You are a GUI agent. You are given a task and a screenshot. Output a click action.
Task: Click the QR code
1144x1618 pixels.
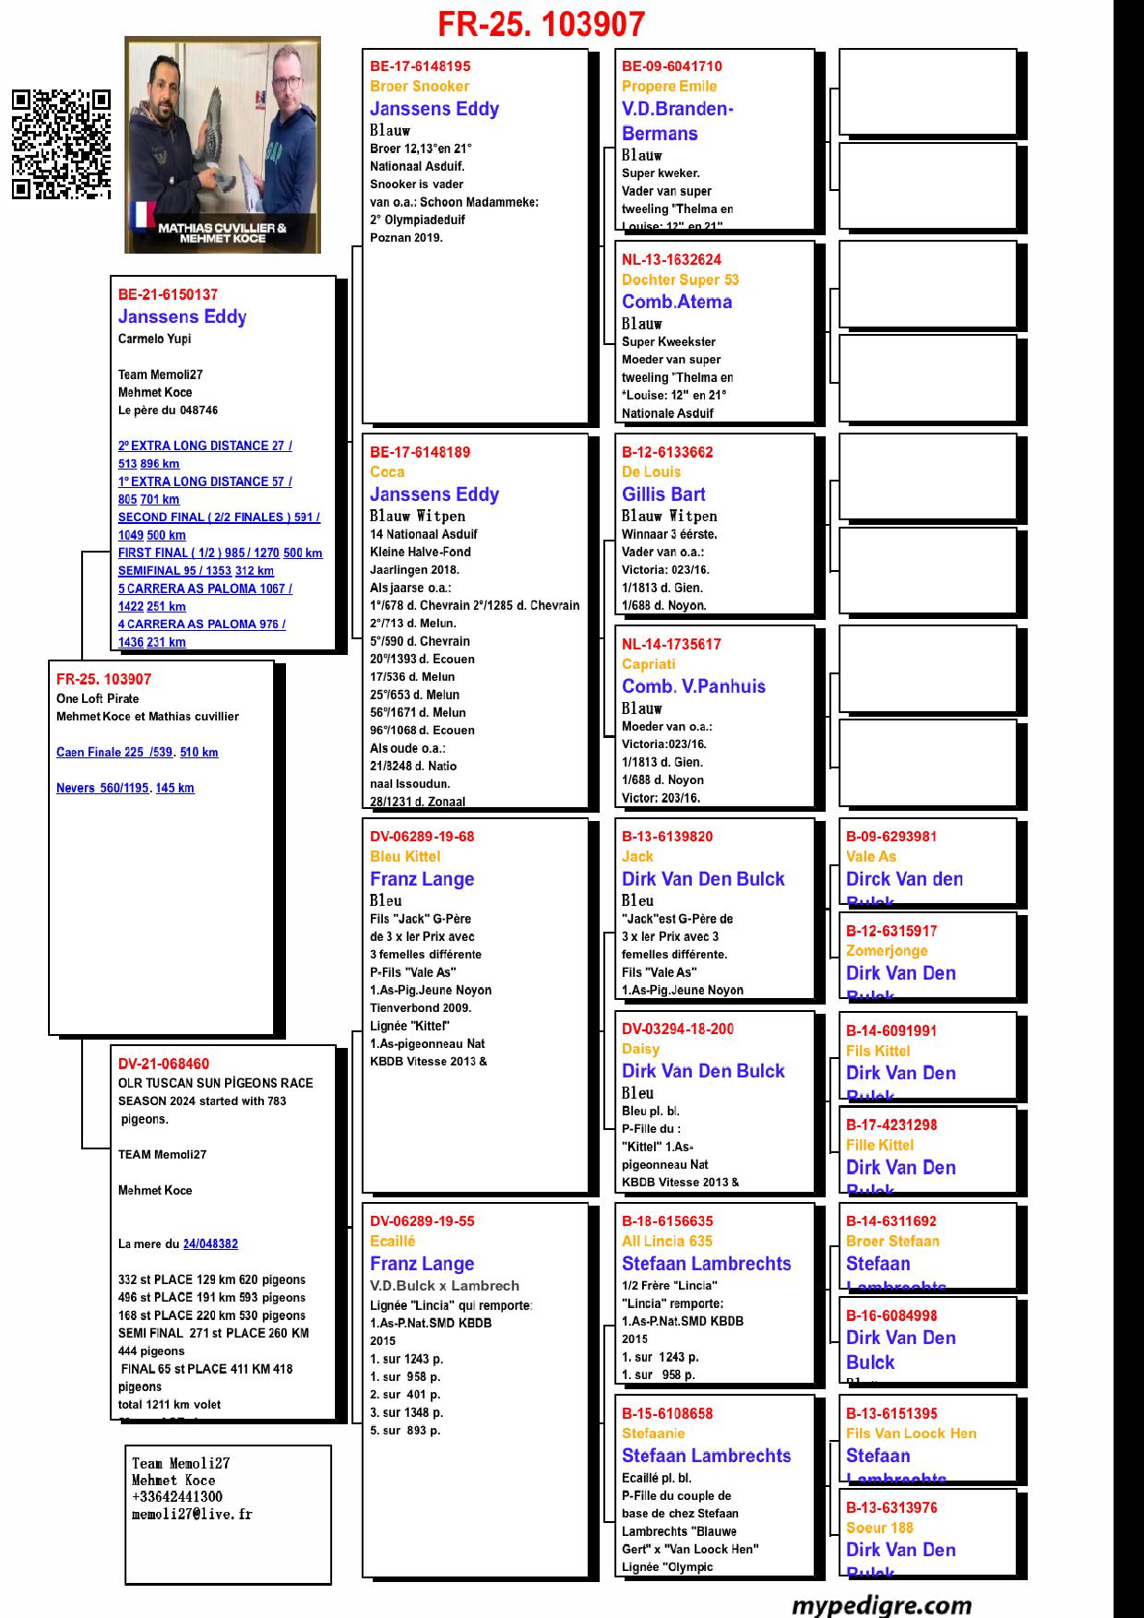[x=61, y=144]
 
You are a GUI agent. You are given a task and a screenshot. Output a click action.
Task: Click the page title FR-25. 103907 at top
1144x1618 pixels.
[x=541, y=24]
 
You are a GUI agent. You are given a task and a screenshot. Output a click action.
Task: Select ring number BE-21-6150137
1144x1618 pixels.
[x=168, y=295]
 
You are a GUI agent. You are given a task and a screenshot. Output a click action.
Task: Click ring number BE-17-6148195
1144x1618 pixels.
[x=420, y=66]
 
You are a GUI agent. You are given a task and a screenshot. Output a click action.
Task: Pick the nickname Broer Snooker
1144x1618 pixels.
[x=420, y=87]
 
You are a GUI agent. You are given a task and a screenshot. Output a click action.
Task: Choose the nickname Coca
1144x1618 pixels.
[x=387, y=472]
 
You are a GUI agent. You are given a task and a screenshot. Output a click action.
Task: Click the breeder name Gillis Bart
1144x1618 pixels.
[x=663, y=494]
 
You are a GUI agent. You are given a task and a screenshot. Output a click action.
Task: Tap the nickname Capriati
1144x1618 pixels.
[x=649, y=664]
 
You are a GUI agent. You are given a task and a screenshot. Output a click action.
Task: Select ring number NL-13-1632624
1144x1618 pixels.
[x=672, y=260]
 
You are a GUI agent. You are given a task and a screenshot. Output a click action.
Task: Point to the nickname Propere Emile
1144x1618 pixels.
[x=669, y=87]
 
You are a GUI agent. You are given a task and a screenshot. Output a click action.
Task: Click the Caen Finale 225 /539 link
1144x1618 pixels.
[x=114, y=753]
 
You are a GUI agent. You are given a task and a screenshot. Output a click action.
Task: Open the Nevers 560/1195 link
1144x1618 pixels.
[x=102, y=789]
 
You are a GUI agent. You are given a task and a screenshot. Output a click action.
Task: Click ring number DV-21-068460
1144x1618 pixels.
[x=163, y=1065]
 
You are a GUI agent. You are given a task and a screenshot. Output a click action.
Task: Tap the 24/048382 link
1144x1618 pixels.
[x=210, y=1244]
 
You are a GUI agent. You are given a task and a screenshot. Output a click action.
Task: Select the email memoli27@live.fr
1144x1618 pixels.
[x=192, y=1515]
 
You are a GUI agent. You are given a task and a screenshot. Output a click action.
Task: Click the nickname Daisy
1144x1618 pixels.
[x=640, y=1049]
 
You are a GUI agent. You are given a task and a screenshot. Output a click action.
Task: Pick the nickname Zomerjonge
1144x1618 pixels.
[x=887, y=951]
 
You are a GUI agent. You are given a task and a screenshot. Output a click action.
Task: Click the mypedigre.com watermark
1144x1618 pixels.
[x=881, y=1605]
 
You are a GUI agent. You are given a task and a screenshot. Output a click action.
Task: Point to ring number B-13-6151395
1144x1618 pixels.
[x=891, y=1414]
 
